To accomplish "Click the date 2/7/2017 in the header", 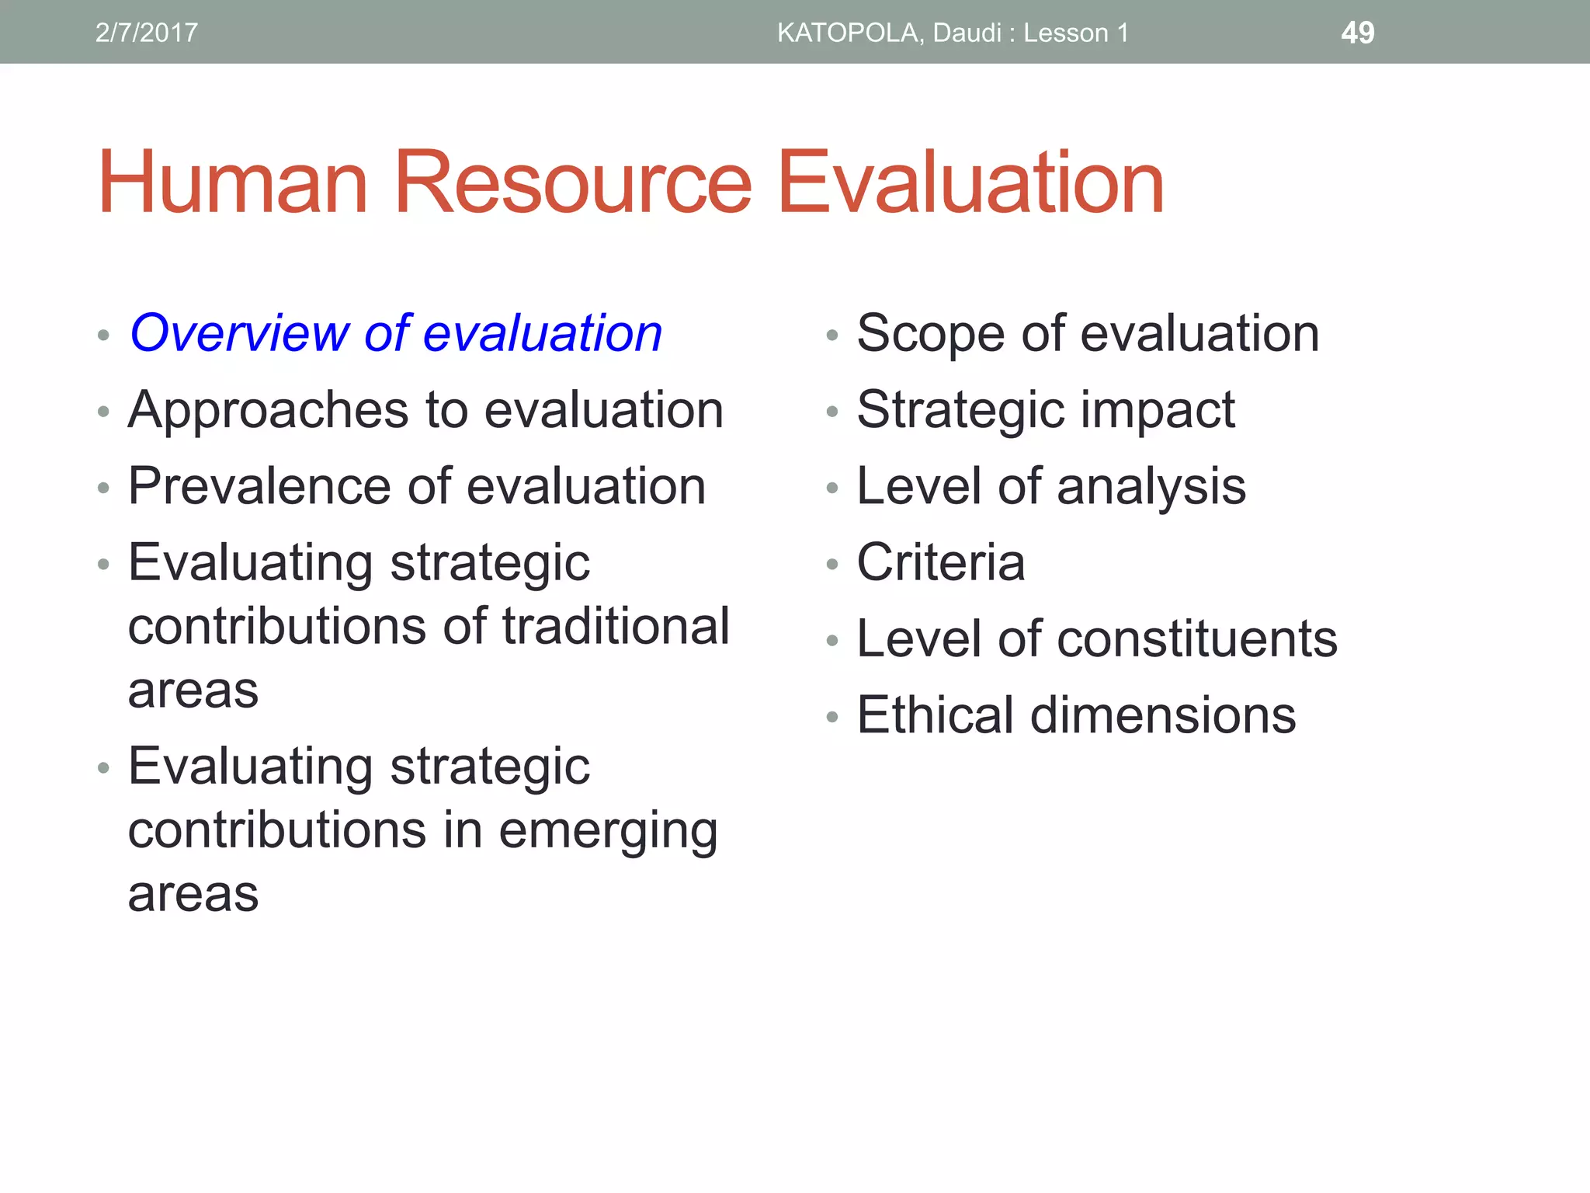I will click(146, 33).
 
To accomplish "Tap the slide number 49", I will click(1357, 33).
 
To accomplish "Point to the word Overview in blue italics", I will click(239, 333).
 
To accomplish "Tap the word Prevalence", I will click(259, 487).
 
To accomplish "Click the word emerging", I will click(608, 831).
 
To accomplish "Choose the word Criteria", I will click(940, 562).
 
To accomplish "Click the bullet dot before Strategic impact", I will click(832, 412).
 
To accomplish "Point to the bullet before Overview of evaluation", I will click(103, 336).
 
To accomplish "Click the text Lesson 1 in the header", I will click(1075, 33).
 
